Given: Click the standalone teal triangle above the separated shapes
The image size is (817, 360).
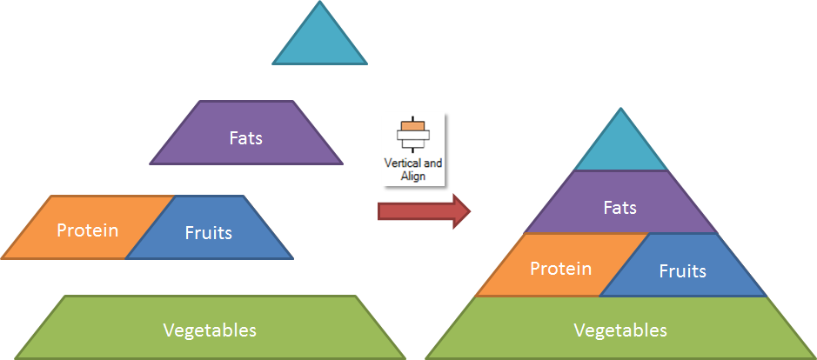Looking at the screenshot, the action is [x=319, y=42].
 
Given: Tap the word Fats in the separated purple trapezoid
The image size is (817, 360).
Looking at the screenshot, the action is [x=246, y=138].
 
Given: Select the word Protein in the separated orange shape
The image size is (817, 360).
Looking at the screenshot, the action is [x=88, y=230].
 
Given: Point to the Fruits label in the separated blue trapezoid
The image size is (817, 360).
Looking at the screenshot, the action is [x=209, y=232].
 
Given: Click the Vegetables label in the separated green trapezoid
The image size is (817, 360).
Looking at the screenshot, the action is [x=210, y=330].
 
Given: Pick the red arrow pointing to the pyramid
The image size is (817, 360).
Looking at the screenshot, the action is [x=424, y=211].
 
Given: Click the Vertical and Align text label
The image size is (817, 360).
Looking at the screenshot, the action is [x=413, y=170].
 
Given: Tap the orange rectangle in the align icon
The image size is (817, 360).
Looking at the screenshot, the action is [x=412, y=125].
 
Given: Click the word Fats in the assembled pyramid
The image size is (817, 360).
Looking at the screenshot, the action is [x=620, y=208].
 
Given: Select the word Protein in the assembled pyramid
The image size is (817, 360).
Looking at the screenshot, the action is [x=560, y=269].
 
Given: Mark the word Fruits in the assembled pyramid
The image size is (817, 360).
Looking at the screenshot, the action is [x=682, y=271].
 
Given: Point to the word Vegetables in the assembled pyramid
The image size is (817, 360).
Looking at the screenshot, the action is [x=620, y=330].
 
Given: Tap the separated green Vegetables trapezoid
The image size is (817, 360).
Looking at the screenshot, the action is [x=210, y=327].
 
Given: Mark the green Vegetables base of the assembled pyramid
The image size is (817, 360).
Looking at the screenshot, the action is [x=620, y=328].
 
